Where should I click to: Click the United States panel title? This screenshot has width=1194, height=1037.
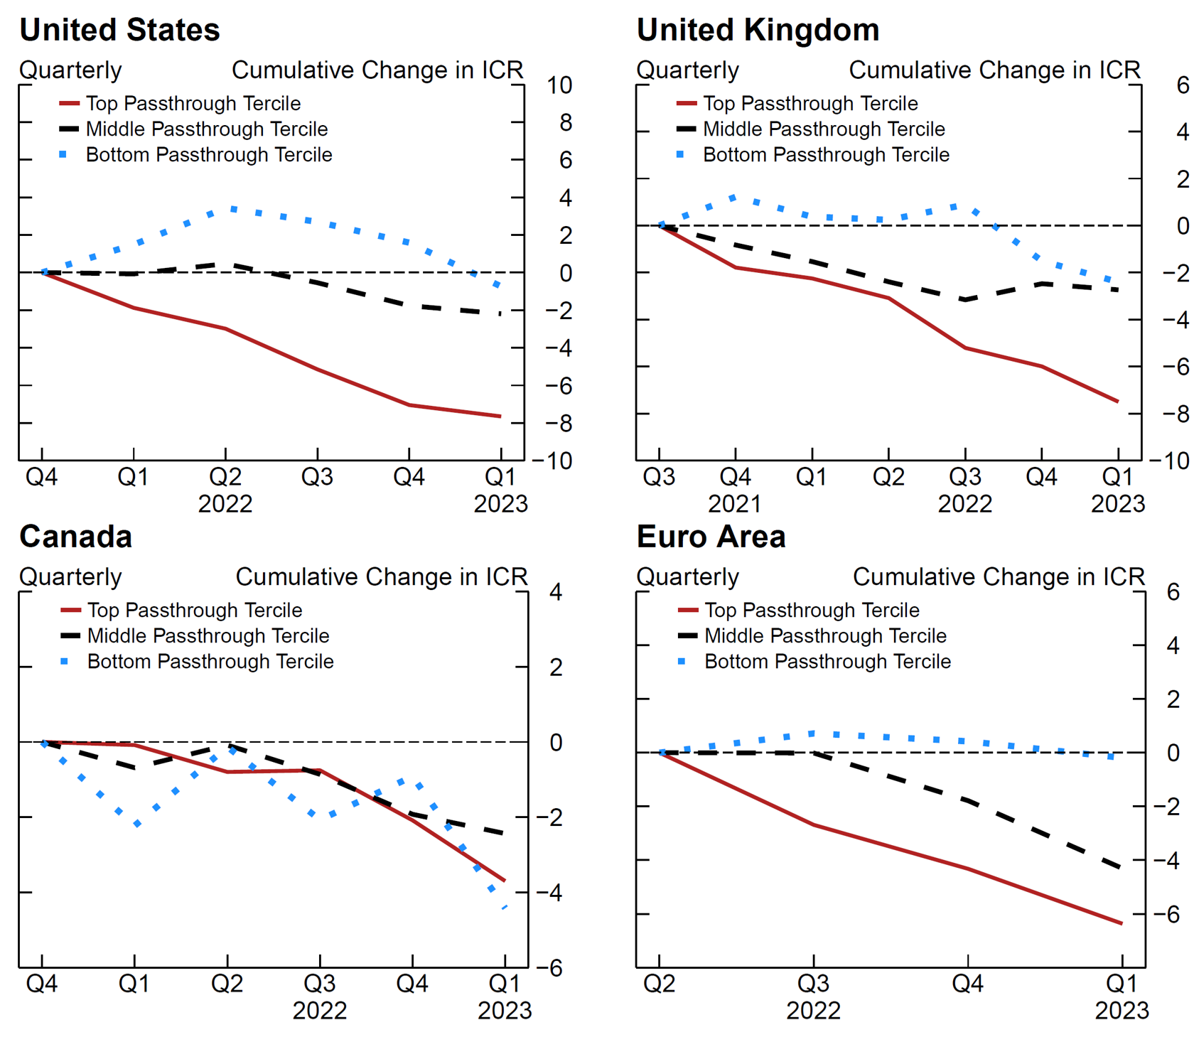[119, 31]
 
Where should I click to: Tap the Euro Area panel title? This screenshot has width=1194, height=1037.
[711, 537]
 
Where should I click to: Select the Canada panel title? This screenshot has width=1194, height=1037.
[75, 537]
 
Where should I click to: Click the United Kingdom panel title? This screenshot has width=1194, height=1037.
[758, 31]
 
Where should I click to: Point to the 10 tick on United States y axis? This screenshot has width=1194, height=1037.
[559, 85]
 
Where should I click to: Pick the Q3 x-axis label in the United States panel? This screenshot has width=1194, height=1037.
[317, 477]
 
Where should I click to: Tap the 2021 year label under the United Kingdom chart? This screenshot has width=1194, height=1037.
[735, 504]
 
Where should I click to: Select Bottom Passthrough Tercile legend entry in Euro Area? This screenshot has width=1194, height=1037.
[827, 661]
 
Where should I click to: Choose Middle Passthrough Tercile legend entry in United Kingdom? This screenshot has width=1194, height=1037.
[824, 129]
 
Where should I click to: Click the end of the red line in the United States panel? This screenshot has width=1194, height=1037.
[500, 417]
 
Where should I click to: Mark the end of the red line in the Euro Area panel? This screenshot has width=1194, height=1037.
[1122, 923]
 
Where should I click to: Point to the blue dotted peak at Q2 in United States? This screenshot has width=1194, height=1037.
[233, 209]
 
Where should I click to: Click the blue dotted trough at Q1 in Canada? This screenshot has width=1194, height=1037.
[137, 824]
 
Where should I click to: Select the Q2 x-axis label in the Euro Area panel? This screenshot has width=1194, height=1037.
[659, 984]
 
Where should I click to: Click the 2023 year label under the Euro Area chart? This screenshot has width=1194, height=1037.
[1122, 1011]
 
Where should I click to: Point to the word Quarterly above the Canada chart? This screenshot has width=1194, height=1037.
[70, 576]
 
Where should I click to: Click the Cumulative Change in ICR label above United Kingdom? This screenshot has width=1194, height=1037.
[994, 70]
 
